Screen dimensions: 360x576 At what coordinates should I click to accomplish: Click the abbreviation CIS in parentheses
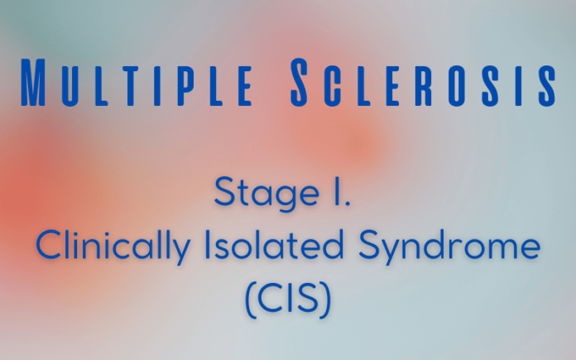[287, 298]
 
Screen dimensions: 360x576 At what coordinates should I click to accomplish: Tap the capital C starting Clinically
[48, 247]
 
